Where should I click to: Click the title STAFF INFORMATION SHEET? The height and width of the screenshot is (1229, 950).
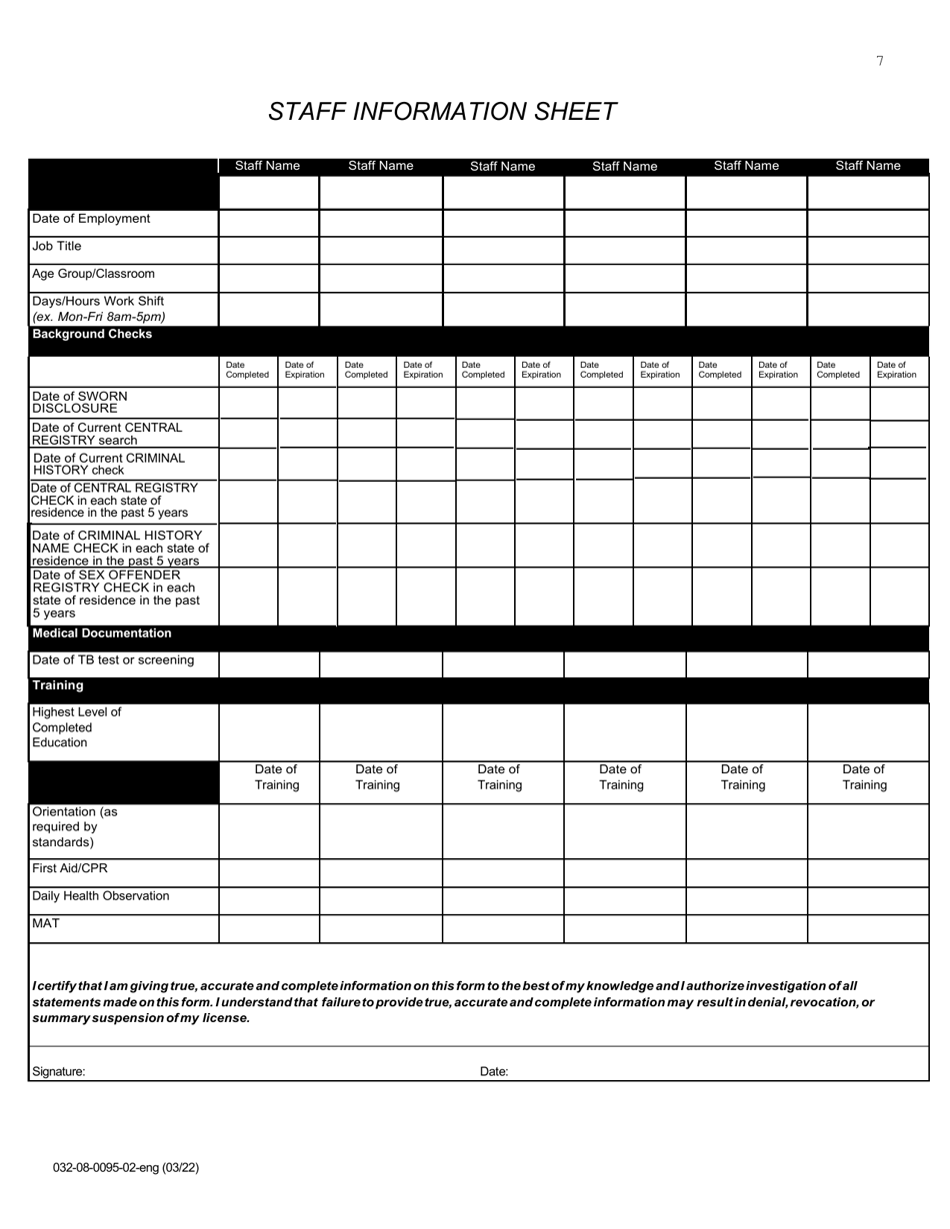(x=442, y=112)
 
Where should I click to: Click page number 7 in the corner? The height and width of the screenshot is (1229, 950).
(x=880, y=61)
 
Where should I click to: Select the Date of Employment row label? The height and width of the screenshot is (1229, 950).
(x=91, y=219)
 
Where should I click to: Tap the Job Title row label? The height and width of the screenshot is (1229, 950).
(x=57, y=246)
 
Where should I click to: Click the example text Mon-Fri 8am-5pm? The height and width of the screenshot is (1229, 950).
(x=99, y=317)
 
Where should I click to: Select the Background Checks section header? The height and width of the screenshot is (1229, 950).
(x=92, y=334)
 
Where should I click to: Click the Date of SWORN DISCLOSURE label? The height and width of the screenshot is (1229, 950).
(x=80, y=402)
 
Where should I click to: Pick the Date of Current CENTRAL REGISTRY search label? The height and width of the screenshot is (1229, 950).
(x=107, y=434)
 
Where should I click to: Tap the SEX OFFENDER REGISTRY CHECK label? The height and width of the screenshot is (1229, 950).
(x=115, y=595)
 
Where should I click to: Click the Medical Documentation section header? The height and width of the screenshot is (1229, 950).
(x=102, y=633)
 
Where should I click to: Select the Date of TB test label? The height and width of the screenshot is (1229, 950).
(x=113, y=660)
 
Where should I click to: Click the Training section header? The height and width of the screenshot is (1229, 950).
(x=58, y=685)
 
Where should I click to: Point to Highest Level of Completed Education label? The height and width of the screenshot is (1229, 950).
(x=76, y=727)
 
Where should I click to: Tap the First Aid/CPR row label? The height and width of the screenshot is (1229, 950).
(x=70, y=868)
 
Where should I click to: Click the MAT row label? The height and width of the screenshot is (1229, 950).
(x=46, y=923)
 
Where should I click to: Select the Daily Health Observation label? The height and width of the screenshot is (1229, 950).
(x=101, y=896)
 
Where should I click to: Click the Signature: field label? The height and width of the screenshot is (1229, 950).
(x=59, y=1071)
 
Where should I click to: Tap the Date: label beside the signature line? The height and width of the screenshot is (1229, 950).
(x=494, y=1071)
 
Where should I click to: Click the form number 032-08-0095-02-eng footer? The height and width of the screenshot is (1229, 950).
(x=126, y=1167)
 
